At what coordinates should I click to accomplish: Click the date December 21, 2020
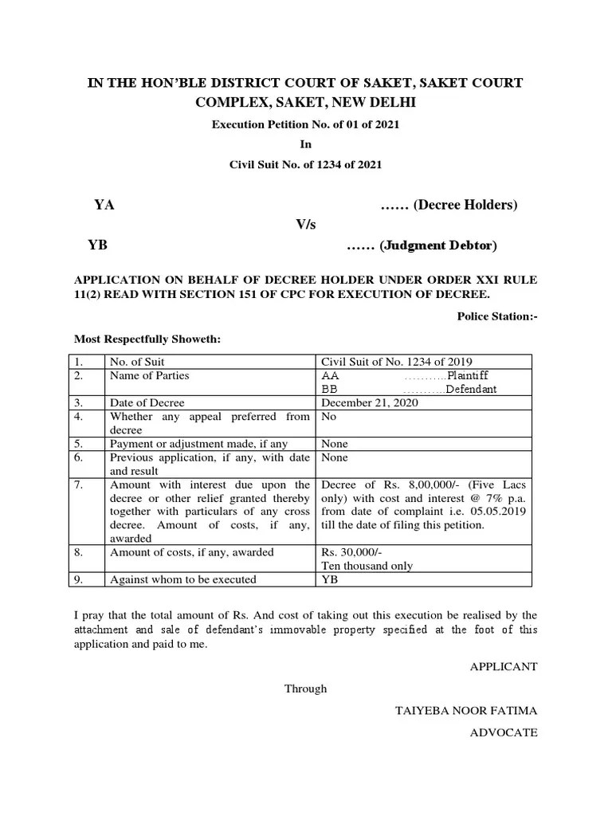(x=368, y=403)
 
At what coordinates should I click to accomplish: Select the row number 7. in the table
(x=79, y=484)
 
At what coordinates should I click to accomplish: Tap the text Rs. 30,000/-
(x=350, y=552)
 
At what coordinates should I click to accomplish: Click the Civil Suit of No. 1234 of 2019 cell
(x=395, y=361)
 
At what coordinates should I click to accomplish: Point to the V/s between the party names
(x=306, y=226)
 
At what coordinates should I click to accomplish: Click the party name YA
(x=104, y=205)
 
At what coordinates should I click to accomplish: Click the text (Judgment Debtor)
(x=438, y=245)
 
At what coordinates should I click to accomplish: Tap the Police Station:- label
(x=497, y=316)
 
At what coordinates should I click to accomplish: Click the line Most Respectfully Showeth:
(x=147, y=339)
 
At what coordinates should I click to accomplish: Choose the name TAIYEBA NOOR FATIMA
(x=466, y=711)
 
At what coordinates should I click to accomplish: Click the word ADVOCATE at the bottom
(x=504, y=732)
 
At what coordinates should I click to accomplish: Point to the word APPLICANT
(x=504, y=666)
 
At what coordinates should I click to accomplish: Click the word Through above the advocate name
(x=306, y=688)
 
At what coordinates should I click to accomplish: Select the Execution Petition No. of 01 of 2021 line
(x=306, y=124)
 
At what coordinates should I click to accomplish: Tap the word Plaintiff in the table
(x=468, y=375)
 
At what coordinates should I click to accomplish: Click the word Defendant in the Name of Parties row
(x=471, y=390)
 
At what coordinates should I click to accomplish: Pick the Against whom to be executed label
(x=182, y=579)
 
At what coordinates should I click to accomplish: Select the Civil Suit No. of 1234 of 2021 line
(x=306, y=165)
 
